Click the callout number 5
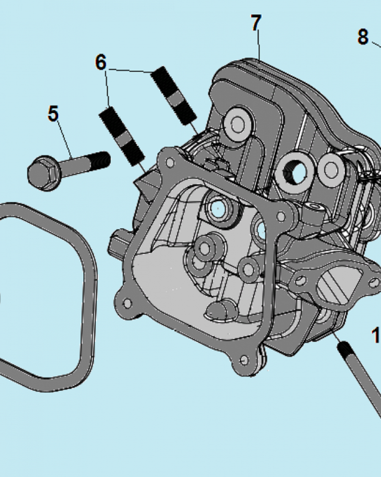53,114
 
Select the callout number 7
256,22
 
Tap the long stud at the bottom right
362,382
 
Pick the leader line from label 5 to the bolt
64,138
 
